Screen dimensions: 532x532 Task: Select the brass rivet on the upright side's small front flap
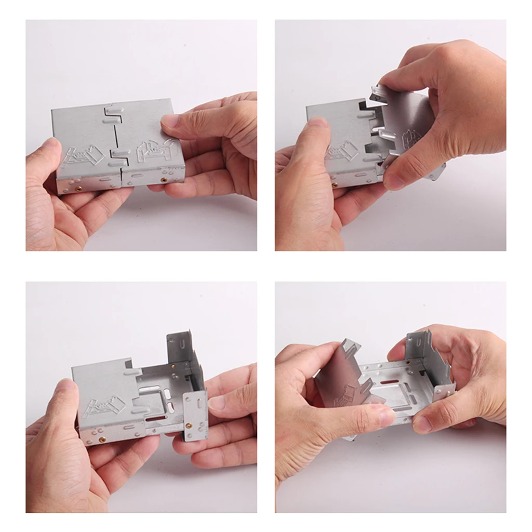tap(188, 425)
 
